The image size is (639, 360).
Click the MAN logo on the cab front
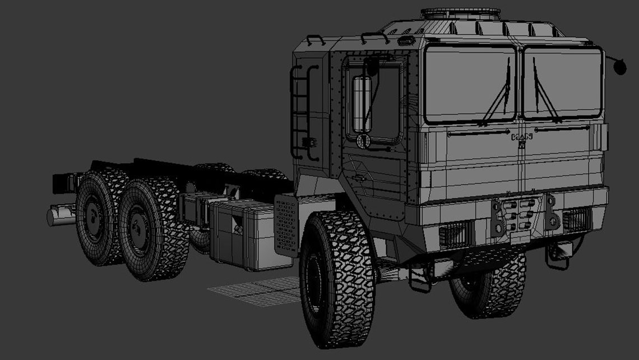[x=522, y=137]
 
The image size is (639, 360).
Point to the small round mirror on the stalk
[x=621, y=67]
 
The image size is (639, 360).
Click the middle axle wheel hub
[x=136, y=228]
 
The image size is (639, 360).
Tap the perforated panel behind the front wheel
[x=285, y=225]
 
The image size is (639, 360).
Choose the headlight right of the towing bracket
[x=575, y=221]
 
